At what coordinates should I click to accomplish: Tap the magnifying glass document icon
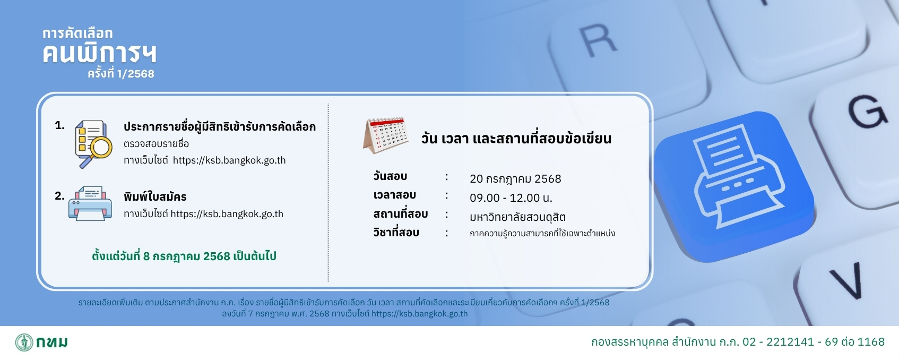click(x=93, y=144)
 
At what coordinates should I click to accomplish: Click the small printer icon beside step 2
click(x=90, y=203)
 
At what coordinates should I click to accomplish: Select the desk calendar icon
click(x=386, y=135)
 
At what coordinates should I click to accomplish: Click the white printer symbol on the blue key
click(x=739, y=177)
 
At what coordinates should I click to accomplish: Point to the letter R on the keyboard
click(x=598, y=40)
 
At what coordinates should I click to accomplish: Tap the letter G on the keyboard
click(x=867, y=111)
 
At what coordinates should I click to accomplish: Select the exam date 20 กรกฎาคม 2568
click(x=515, y=178)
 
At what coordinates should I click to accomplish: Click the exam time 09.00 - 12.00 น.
click(x=511, y=198)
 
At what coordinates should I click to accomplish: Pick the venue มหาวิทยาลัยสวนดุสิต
click(x=518, y=217)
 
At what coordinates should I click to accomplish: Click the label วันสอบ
click(x=390, y=176)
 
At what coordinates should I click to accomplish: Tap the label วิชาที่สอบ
click(x=396, y=232)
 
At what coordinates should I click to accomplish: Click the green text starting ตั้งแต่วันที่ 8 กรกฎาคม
click(x=184, y=255)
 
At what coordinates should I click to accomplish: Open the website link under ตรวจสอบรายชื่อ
click(x=229, y=160)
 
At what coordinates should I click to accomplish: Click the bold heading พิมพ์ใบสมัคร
click(x=155, y=196)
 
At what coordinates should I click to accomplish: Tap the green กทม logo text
click(x=52, y=342)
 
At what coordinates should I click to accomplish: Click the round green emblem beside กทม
click(x=24, y=342)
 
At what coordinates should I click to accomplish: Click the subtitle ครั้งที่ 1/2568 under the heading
click(x=121, y=73)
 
